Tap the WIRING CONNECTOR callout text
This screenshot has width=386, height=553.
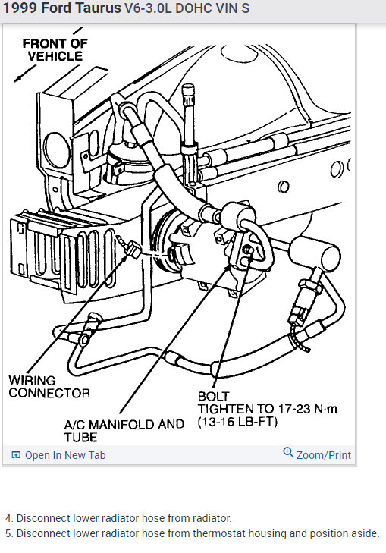[49, 386]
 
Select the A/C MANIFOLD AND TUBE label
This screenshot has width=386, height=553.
[124, 430]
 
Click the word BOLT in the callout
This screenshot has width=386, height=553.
[213, 396]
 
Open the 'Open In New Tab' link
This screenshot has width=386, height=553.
[65, 455]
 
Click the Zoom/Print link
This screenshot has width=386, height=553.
[324, 455]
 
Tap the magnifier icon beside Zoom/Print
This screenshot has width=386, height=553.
[288, 453]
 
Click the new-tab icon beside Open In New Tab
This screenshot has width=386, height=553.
[16, 455]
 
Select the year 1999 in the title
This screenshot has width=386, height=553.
[18, 9]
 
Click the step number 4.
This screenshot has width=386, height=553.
[8, 518]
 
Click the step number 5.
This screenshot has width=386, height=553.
[8, 533]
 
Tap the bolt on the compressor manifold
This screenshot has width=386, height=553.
[246, 250]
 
